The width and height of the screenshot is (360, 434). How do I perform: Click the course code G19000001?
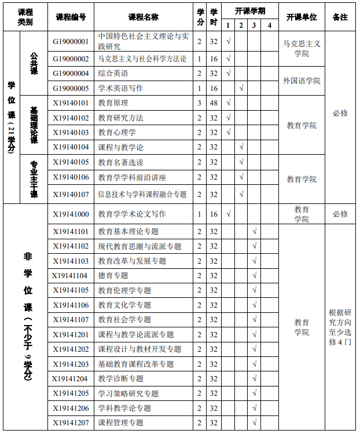(x=71, y=42)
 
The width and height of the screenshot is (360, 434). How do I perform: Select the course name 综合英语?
(x=113, y=74)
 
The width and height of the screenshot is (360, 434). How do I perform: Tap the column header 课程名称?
(x=144, y=17)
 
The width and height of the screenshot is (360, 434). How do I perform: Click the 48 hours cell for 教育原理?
(x=214, y=103)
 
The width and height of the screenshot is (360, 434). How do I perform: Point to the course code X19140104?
(x=71, y=147)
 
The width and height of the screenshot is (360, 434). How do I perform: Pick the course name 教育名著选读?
(x=121, y=162)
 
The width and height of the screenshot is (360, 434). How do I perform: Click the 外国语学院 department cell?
(x=302, y=81)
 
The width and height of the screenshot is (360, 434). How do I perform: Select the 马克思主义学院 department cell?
(x=302, y=48)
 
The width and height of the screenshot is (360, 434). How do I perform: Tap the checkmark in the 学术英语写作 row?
(x=241, y=88)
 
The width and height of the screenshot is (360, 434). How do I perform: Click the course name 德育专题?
(x=113, y=275)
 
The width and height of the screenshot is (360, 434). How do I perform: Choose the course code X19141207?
(x=71, y=423)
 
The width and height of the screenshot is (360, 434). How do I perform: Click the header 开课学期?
(x=250, y=11)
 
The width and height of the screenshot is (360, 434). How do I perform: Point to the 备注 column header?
(x=340, y=17)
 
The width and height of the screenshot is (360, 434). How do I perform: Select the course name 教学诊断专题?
(x=121, y=379)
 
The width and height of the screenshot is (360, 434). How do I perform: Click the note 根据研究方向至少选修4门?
(x=340, y=327)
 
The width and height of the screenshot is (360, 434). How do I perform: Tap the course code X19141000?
(x=71, y=214)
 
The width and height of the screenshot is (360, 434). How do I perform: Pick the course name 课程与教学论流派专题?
(x=136, y=334)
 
